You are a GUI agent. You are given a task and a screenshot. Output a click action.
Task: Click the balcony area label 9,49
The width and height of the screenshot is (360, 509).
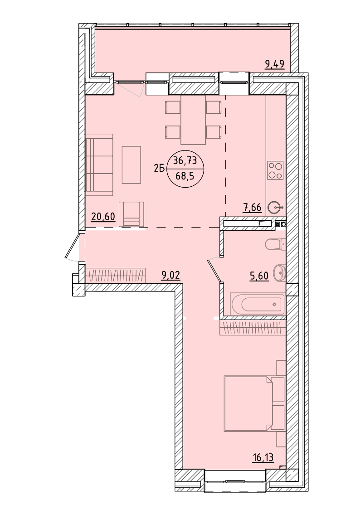[275, 64]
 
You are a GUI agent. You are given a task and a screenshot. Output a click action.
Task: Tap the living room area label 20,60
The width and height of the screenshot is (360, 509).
[103, 216]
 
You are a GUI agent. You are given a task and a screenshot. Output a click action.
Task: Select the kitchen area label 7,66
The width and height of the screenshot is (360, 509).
[252, 208]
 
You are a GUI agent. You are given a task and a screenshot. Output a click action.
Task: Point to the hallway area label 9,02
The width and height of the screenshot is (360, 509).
[171, 276]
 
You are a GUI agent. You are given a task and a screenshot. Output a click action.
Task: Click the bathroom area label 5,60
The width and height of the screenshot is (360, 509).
[259, 276]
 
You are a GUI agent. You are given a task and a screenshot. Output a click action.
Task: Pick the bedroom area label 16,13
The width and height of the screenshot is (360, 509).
[263, 458]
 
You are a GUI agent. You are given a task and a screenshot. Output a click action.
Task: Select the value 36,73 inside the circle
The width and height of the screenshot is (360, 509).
[185, 160]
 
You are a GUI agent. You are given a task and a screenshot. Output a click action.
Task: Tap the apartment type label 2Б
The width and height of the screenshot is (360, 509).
[159, 168]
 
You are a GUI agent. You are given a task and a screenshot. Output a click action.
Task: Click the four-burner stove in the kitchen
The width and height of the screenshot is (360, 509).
[275, 170]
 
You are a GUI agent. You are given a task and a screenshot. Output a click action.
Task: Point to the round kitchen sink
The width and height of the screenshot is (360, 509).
[275, 207]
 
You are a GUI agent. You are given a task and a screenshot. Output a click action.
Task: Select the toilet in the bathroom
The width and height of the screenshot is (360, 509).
[275, 244]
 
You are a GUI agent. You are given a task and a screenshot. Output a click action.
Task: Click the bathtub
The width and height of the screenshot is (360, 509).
[258, 304]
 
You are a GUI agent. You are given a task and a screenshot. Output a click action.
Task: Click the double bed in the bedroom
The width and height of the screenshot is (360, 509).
[254, 403]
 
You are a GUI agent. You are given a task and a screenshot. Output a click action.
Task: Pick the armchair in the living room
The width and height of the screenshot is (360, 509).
[131, 214]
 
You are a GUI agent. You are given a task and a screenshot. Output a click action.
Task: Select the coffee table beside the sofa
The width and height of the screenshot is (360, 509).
[131, 165]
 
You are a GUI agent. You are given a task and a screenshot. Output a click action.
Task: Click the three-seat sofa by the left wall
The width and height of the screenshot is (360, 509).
[99, 165]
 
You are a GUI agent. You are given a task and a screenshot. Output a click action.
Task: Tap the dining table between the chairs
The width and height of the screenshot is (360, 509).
[193, 120]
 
